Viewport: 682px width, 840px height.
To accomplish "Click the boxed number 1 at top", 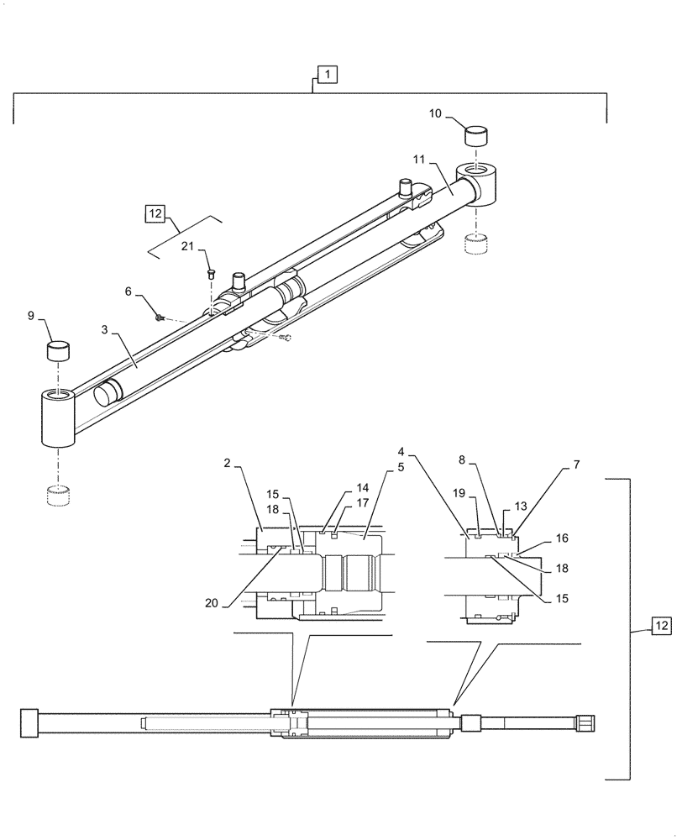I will (328, 76).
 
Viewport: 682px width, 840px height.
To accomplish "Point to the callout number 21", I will (188, 245).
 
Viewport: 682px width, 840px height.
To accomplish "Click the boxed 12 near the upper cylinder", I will (155, 213).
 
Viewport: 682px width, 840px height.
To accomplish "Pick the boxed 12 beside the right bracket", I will (661, 627).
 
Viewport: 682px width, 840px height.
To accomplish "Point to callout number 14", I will (362, 486).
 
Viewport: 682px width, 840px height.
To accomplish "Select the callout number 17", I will (362, 503).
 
